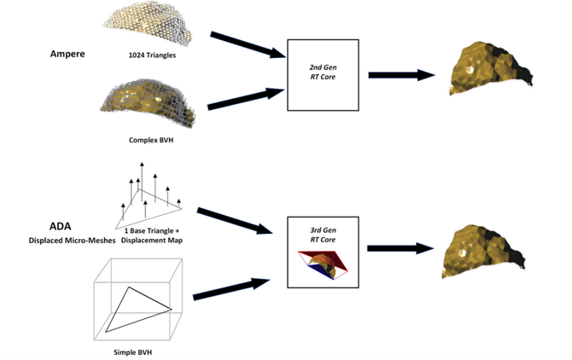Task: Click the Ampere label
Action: [x=66, y=52]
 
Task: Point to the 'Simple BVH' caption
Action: [x=138, y=350]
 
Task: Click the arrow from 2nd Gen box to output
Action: [x=400, y=75]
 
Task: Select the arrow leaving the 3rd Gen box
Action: [x=400, y=248]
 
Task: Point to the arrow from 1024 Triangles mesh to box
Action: [x=246, y=45]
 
